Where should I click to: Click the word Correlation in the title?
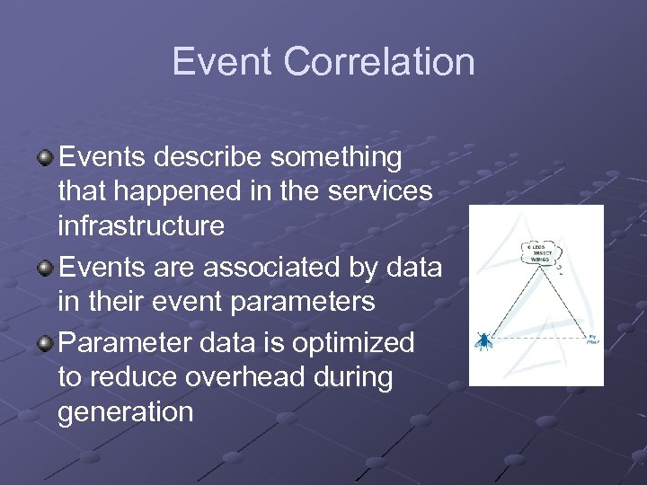click(378, 62)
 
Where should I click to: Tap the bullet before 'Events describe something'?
click(45, 158)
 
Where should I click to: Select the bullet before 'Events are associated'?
click(45, 269)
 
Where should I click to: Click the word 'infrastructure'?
click(141, 225)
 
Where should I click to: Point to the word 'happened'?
click(190, 191)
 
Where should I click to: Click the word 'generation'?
click(125, 412)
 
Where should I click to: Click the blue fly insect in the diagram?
click(483, 339)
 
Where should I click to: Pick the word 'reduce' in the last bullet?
click(129, 377)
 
